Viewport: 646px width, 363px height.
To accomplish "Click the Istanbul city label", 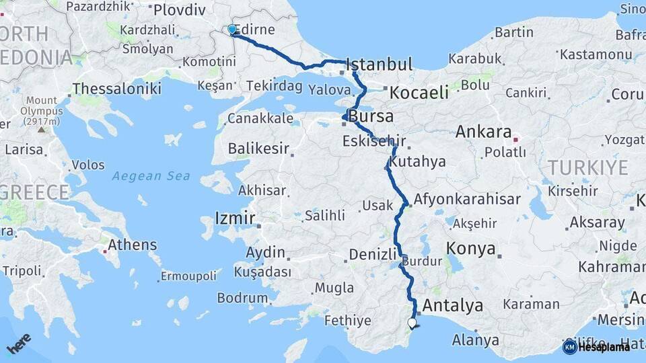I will [x=378, y=65].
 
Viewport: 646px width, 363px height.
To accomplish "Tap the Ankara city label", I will [x=484, y=132].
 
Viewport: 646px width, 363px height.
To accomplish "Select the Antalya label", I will [x=453, y=306].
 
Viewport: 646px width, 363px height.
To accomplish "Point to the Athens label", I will [x=133, y=245].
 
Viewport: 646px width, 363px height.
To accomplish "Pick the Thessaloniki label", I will [x=116, y=88].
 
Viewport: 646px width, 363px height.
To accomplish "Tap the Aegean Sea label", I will [x=151, y=176].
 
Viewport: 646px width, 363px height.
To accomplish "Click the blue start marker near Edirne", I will [x=232, y=30].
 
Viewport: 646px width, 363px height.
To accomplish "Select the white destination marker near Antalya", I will [x=412, y=323].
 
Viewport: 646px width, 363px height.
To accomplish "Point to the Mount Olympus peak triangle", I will [x=42, y=129].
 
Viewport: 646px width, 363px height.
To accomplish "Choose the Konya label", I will [x=471, y=249].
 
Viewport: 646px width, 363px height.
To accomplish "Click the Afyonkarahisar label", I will [x=467, y=200].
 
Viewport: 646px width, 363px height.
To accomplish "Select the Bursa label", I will [x=371, y=116].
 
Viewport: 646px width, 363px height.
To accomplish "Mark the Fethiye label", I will [x=347, y=321].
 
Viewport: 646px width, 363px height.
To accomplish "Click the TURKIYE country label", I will [x=587, y=167].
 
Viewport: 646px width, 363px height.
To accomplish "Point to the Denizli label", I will [x=373, y=254].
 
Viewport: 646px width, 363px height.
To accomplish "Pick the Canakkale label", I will [x=260, y=118].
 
